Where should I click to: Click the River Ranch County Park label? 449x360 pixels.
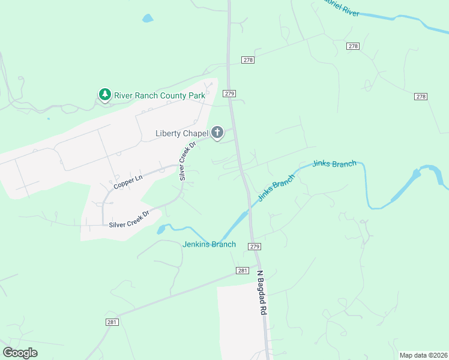pyautogui.click(x=160, y=95)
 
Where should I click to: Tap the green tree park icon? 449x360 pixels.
pyautogui.click(x=105, y=95)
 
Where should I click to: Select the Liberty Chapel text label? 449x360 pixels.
pyautogui.click(x=181, y=133)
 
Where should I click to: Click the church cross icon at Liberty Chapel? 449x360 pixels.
pyautogui.click(x=217, y=133)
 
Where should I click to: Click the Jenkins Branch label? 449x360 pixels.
pyautogui.click(x=209, y=244)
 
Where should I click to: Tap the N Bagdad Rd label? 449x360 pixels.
pyautogui.click(x=261, y=293)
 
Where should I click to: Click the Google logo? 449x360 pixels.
pyautogui.click(x=20, y=353)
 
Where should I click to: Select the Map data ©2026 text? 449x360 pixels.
pyautogui.click(x=423, y=355)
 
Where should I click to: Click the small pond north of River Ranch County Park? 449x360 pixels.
pyautogui.click(x=148, y=19)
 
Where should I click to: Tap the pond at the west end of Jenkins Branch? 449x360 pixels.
pyautogui.click(x=161, y=229)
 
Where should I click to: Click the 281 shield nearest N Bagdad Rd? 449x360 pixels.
pyautogui.click(x=243, y=271)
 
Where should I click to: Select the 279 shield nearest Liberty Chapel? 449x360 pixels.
pyautogui.click(x=229, y=94)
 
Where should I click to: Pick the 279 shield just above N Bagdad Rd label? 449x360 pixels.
pyautogui.click(x=255, y=247)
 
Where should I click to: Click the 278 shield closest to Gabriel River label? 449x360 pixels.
pyautogui.click(x=353, y=46)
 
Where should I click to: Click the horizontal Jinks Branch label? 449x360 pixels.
pyautogui.click(x=334, y=164)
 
